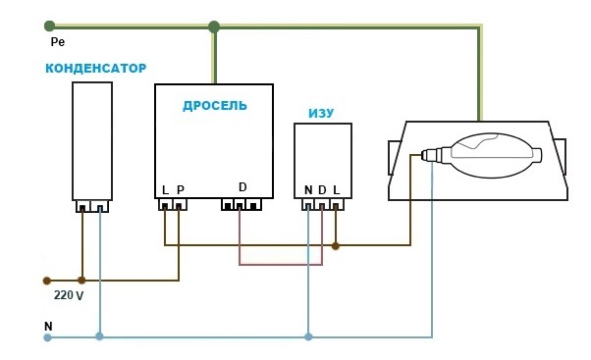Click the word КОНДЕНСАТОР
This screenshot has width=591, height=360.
[x=96, y=68]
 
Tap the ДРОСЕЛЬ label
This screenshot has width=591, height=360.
[x=215, y=106]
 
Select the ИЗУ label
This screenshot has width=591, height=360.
[x=321, y=114]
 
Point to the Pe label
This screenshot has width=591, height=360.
[x=58, y=42]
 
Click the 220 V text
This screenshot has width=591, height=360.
[x=69, y=295]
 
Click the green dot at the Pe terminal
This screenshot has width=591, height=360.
[x=49, y=26]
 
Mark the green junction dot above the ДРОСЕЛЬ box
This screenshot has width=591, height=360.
[x=214, y=26]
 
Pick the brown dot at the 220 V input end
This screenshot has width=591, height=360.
[x=47, y=281]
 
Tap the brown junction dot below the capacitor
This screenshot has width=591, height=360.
[x=81, y=281]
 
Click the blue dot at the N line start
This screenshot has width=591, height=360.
[x=47, y=337]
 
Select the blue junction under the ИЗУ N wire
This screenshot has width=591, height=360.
[x=308, y=336]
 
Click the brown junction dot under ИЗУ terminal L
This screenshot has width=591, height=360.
[x=336, y=246]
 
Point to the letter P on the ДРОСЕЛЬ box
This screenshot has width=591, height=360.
[x=181, y=190]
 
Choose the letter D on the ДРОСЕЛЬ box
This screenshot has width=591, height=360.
[x=242, y=187]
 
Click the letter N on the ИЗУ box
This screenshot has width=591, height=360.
[x=308, y=190]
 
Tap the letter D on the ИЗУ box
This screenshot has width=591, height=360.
[x=322, y=190]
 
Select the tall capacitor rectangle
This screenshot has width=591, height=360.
[x=92, y=141]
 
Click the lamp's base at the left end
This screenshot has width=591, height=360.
[x=430, y=155]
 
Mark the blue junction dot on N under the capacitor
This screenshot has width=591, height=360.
[x=99, y=336]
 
